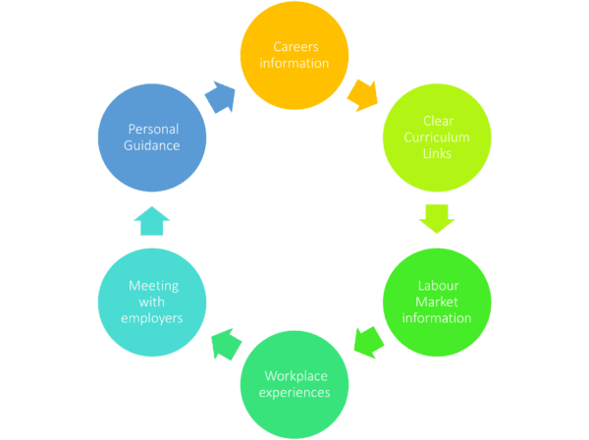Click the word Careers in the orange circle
pyautogui.click(x=295, y=47)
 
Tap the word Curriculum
pyautogui.click(x=437, y=137)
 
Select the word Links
pyautogui.click(x=437, y=153)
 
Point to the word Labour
pyautogui.click(x=439, y=286)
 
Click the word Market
pyautogui.click(x=437, y=302)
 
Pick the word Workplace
pyautogui.click(x=296, y=376)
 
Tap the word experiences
pyautogui.click(x=294, y=393)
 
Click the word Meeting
pyautogui.click(x=154, y=287)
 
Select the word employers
pyautogui.click(x=152, y=318)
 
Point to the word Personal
pyautogui.click(x=154, y=130)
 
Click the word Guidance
pyautogui.click(x=152, y=145)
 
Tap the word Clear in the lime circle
pyautogui.click(x=439, y=122)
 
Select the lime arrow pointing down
pyautogui.click(x=437, y=218)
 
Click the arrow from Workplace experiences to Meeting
pyautogui.click(x=226, y=344)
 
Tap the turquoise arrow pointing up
pyautogui.click(x=152, y=221)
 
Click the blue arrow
pyautogui.click(x=221, y=97)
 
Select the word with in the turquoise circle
pyautogui.click(x=152, y=302)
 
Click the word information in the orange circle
pyautogui.click(x=294, y=63)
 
